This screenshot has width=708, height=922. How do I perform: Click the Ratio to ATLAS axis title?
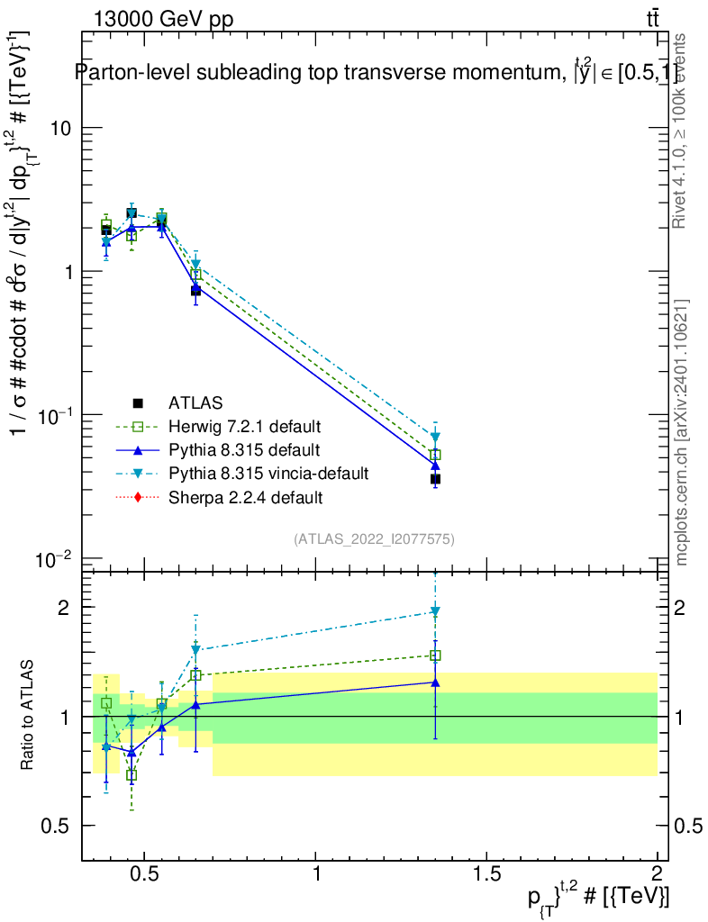click(29, 716)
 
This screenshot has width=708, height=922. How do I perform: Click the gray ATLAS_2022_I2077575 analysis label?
click(374, 539)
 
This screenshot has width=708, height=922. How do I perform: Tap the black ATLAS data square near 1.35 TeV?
click(435, 479)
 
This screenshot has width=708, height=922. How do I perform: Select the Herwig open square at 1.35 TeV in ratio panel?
click(435, 655)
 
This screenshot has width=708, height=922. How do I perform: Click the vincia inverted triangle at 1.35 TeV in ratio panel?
click(435, 612)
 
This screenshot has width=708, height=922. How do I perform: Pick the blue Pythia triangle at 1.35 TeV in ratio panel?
click(435, 682)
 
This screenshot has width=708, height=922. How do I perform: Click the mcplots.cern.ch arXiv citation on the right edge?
click(682, 432)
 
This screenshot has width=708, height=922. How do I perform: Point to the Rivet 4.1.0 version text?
click(682, 131)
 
